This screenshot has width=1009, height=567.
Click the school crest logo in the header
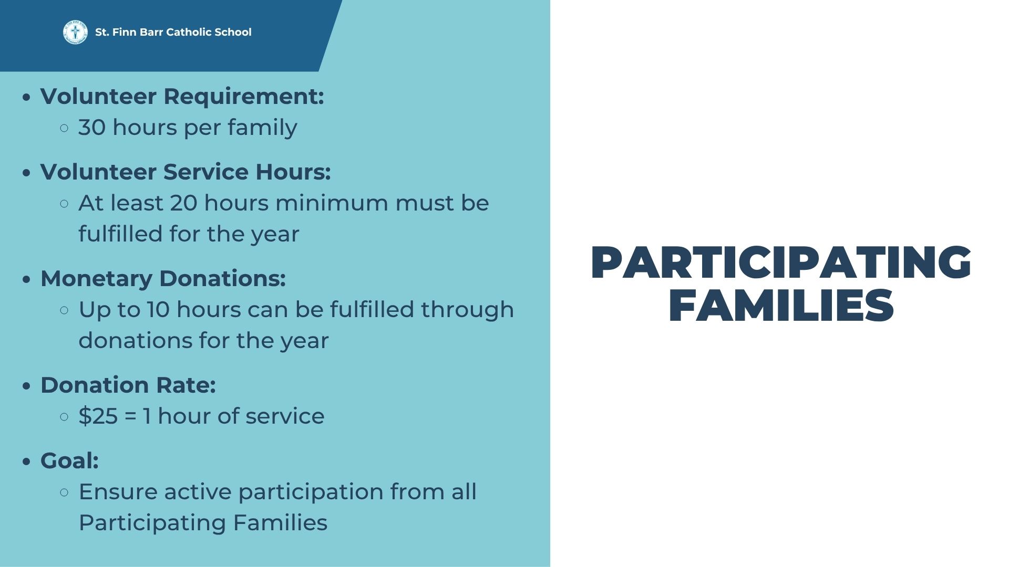coord(75,32)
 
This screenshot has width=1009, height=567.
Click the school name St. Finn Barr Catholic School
coord(173,32)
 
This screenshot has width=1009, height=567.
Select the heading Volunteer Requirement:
coord(182,97)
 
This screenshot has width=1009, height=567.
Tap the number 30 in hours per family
coord(92,128)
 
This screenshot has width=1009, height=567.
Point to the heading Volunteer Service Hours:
coord(186,172)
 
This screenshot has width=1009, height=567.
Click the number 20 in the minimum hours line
coord(183,203)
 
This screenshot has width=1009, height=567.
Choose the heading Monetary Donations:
coord(163,279)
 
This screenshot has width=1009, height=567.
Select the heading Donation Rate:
coord(128,385)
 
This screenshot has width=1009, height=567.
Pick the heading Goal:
coord(69,461)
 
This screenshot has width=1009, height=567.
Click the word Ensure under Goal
coord(118,492)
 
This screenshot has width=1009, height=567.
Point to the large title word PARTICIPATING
coord(781,262)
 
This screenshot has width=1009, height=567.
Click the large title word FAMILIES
coord(781,306)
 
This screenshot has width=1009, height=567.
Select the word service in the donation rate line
coord(285,416)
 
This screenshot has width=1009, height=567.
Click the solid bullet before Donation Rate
coord(27,386)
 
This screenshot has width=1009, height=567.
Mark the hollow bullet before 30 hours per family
coord(65,128)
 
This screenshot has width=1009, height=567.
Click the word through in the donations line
coord(467,310)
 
